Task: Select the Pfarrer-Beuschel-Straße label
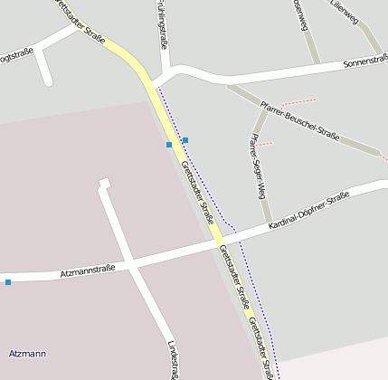(298, 123)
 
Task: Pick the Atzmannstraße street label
(87, 271)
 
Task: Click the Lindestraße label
(173, 359)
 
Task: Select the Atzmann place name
(26, 353)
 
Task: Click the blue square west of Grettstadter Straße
(169, 145)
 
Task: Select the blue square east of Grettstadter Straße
(185, 140)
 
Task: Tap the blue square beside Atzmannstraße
(8, 283)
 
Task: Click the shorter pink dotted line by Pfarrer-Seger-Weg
(263, 144)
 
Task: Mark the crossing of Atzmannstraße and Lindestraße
(132, 265)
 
